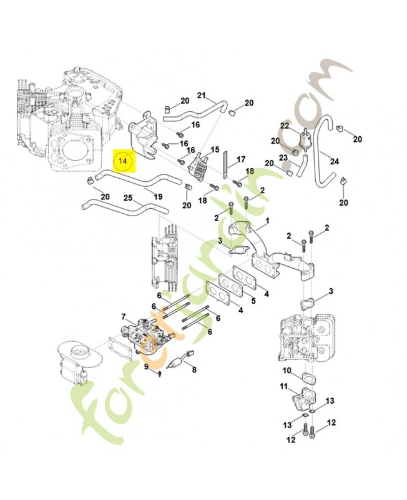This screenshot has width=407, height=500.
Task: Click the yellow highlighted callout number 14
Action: pyautogui.click(x=122, y=161)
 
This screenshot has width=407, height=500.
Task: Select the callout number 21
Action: pyautogui.click(x=201, y=95)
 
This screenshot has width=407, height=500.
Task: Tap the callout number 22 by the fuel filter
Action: pyautogui.click(x=285, y=126)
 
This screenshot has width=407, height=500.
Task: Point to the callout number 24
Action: pyautogui.click(x=335, y=162)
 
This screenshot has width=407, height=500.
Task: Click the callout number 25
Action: pyautogui.click(x=128, y=198)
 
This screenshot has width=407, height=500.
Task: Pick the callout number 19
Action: pyautogui.click(x=158, y=196)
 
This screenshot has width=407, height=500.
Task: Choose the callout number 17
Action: pyautogui.click(x=241, y=159)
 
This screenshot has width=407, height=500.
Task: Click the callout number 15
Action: pyautogui.click(x=215, y=149)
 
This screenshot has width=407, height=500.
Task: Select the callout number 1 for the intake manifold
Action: pyautogui.click(x=268, y=221)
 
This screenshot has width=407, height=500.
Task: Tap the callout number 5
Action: pyautogui.click(x=253, y=301)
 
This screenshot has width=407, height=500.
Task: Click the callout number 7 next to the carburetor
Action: pyautogui.click(x=123, y=317)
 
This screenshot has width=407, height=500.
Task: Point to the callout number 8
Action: pyautogui.click(x=194, y=369)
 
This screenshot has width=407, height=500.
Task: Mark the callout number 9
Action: pyautogui.click(x=146, y=367)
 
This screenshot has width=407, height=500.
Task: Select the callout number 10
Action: pyautogui.click(x=287, y=371)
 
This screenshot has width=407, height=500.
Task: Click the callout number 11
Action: pyautogui.click(x=284, y=387)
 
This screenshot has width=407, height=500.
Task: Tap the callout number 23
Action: pyautogui.click(x=283, y=157)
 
